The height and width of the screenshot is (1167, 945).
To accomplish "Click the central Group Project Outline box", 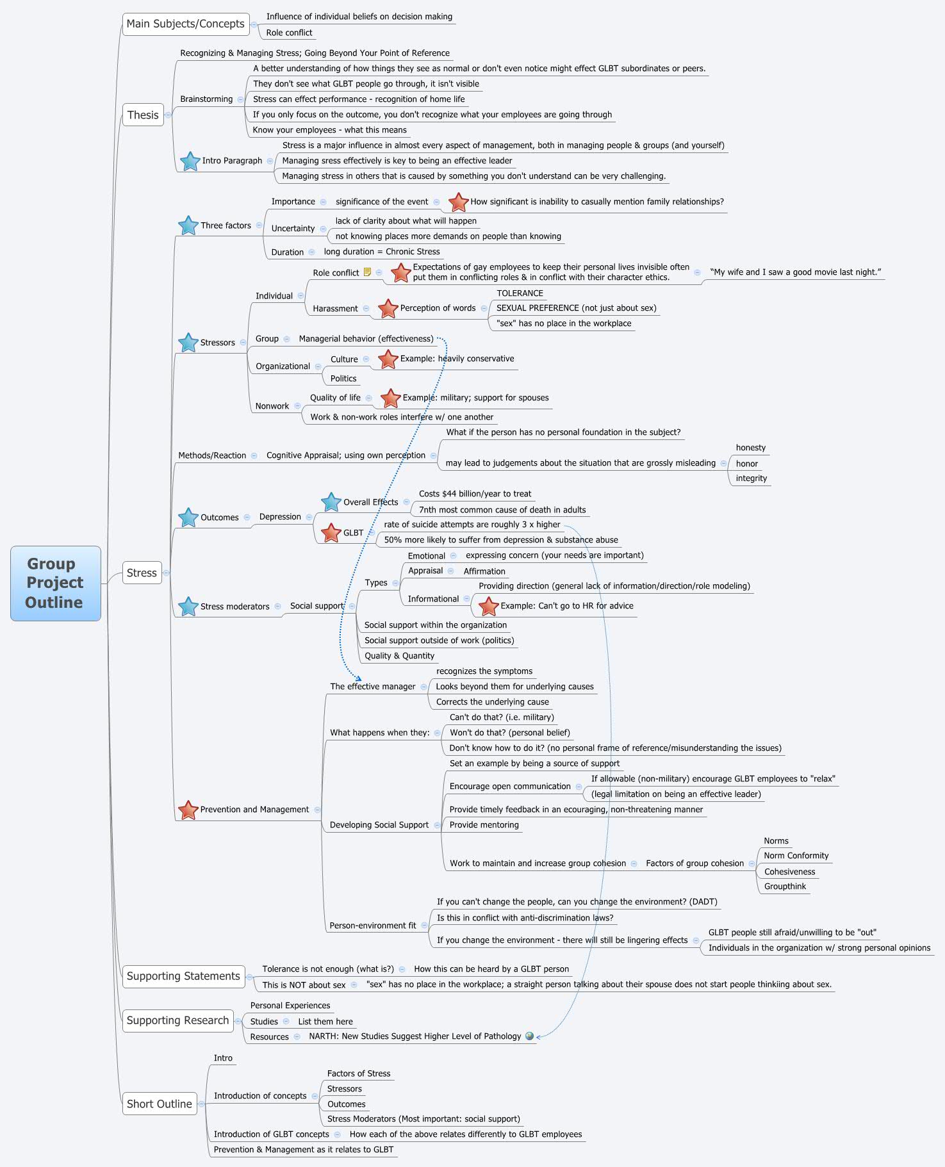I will tap(55, 583).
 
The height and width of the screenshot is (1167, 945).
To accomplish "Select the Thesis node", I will tap(142, 115).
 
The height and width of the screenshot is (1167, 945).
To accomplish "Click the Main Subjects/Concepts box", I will tap(185, 24).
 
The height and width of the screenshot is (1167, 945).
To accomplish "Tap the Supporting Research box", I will tap(177, 1020).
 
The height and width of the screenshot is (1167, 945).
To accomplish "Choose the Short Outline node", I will tap(159, 1104).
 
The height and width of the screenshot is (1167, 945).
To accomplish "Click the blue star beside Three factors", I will tap(188, 225).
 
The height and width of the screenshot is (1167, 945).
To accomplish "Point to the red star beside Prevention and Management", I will tap(188, 810).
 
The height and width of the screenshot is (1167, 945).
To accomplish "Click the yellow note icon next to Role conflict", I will tap(367, 272).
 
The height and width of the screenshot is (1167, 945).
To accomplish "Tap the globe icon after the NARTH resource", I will tap(529, 1036).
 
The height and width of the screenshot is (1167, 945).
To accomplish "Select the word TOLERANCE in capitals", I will tap(520, 293).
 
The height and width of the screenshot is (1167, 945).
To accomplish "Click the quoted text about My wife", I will tap(795, 272).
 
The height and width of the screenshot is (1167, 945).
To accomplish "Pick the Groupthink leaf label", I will tap(785, 886).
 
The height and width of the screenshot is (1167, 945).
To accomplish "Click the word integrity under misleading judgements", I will tap(751, 478).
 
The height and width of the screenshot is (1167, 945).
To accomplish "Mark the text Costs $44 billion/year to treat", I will tap(475, 494).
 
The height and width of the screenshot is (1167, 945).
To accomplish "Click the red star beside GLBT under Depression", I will tap(331, 533).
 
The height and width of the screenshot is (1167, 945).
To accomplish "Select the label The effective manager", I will tap(372, 687).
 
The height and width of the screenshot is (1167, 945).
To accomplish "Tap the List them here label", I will tap(325, 1022).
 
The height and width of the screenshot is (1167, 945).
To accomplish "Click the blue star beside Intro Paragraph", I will tap(190, 161).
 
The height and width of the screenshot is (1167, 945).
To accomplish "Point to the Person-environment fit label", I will tap(372, 926).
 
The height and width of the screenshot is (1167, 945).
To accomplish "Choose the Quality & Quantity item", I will tap(399, 656).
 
